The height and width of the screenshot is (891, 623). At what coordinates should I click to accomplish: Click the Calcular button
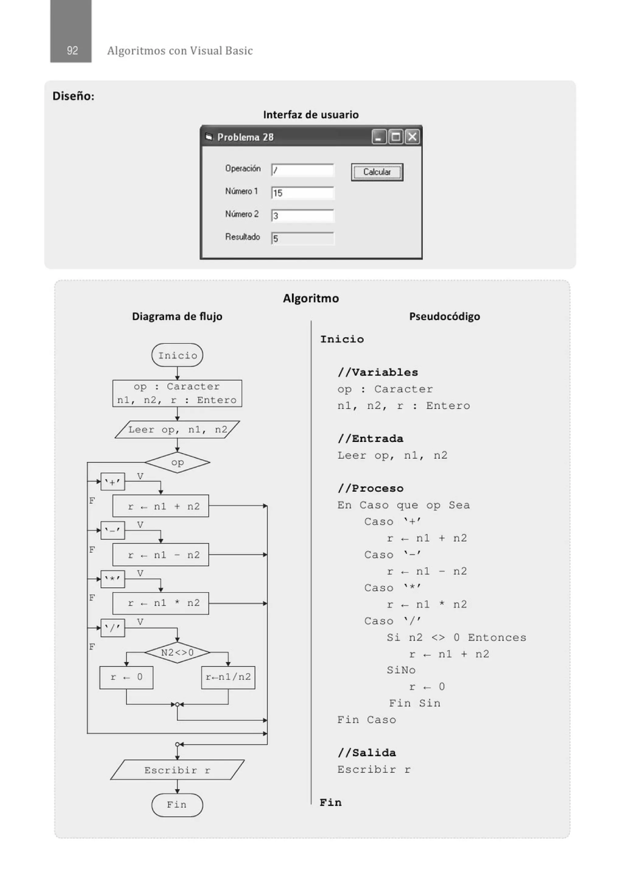[377, 172]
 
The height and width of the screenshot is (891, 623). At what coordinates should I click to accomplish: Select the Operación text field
[302, 170]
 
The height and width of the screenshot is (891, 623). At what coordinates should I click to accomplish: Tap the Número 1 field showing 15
[302, 193]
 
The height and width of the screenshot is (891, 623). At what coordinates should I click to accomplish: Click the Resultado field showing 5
[302, 238]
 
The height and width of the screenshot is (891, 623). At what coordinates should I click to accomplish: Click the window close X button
[412, 137]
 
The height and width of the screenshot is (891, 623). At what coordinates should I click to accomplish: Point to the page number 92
[72, 50]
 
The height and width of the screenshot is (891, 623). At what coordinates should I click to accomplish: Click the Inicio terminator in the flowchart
[177, 355]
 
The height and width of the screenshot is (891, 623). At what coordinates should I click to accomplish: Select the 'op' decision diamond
[177, 462]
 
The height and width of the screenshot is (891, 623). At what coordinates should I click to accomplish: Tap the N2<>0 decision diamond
[177, 652]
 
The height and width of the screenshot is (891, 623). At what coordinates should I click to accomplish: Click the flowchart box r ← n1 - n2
[160, 554]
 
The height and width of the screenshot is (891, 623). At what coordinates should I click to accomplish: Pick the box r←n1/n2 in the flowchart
[228, 677]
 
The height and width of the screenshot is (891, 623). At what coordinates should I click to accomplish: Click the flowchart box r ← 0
[126, 677]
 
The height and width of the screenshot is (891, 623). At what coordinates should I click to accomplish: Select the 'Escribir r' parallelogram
[177, 770]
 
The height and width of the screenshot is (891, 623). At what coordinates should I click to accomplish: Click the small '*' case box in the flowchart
[113, 579]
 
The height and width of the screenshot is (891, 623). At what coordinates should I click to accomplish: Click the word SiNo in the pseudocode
[401, 670]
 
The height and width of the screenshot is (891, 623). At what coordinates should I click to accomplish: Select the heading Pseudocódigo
[444, 316]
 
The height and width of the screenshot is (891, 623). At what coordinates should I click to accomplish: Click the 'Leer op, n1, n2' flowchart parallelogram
[177, 430]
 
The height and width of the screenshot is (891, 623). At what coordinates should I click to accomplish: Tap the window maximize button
[395, 137]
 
